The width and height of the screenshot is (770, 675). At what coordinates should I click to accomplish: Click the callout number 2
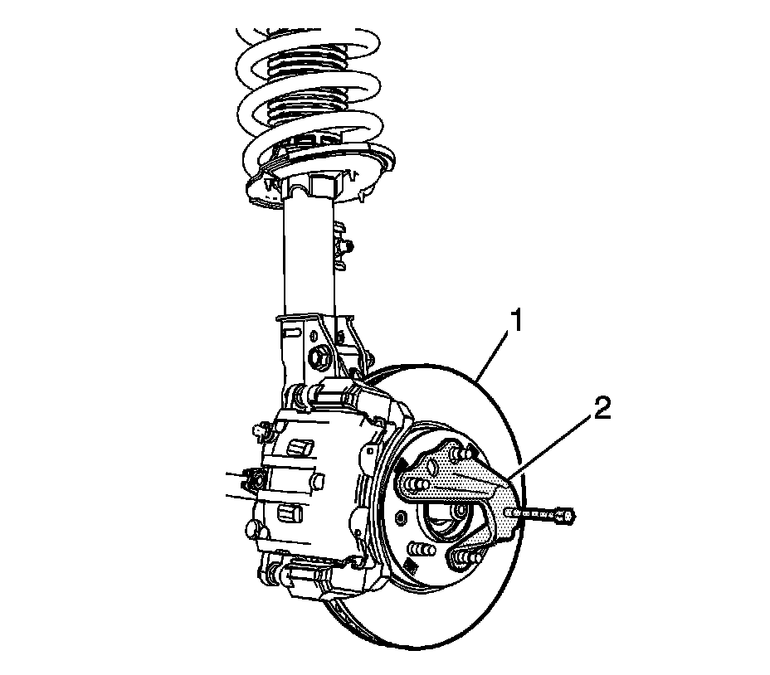coord(602,409)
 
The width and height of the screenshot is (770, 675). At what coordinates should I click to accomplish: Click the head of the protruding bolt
coord(565,516)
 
